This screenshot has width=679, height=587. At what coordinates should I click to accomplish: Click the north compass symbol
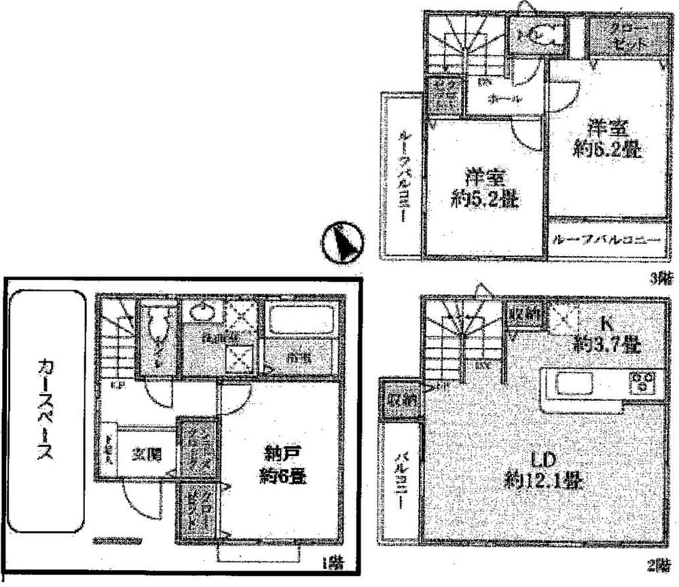tap(343, 243)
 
